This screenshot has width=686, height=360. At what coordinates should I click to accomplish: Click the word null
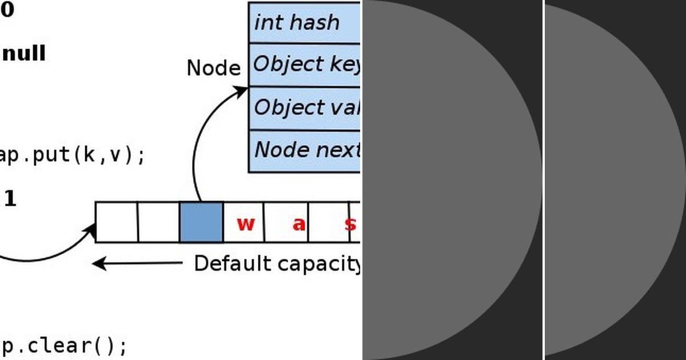24,54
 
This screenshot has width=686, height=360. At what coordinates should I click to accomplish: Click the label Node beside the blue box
213,69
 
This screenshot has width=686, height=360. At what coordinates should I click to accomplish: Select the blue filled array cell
201,222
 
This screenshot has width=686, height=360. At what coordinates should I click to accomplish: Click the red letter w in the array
245,223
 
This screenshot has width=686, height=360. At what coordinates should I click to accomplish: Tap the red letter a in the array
298,224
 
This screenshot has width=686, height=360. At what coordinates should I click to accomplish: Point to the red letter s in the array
349,223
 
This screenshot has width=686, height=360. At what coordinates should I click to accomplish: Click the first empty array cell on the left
117,222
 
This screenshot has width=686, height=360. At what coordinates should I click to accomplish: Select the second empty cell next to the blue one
159,222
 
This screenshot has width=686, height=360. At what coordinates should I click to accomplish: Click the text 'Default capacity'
277,263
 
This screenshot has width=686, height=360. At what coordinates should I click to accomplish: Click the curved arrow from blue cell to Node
197,143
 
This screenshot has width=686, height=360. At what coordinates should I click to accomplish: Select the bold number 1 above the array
10,199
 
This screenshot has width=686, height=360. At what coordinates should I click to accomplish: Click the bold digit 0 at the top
7,10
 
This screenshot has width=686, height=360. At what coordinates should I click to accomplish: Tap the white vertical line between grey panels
544,180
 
